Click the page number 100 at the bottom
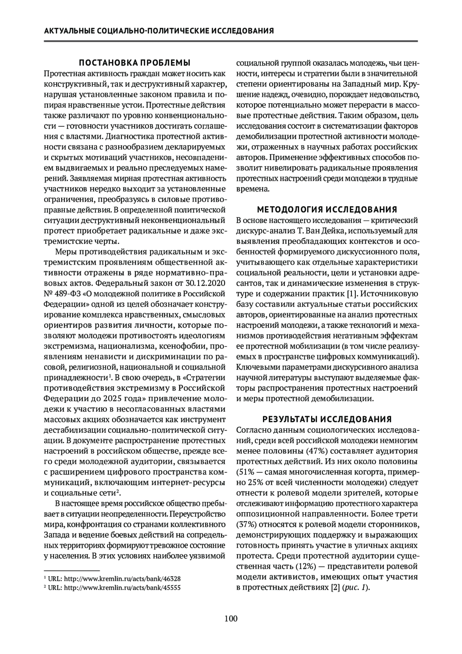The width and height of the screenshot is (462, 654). click(x=231, y=619)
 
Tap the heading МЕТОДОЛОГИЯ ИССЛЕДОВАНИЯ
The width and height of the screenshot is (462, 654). click(x=327, y=210)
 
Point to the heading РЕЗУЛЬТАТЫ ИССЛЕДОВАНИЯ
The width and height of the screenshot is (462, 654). click(x=327, y=419)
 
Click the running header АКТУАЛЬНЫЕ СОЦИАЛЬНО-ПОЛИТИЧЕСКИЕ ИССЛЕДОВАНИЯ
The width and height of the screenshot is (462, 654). click(x=159, y=31)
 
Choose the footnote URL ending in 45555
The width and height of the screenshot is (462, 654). click(x=122, y=588)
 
